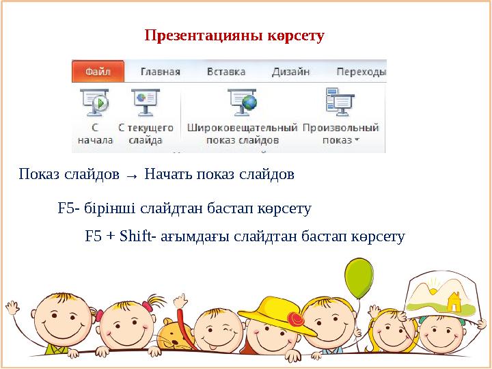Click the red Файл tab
98,71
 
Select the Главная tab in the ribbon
160,71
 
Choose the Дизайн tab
290,71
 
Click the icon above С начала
95,102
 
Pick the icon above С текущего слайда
144,102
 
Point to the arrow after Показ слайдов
133,176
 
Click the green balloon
358,277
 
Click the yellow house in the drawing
452,300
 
